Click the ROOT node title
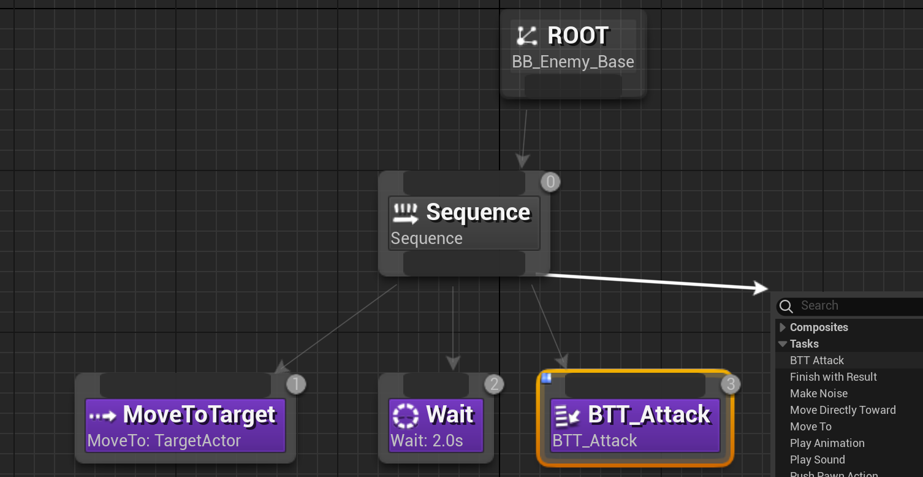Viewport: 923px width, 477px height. tap(577, 36)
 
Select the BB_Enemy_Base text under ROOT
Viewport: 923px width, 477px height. tap(573, 62)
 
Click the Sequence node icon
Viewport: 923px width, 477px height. tap(405, 213)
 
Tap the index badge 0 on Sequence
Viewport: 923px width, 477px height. tap(550, 182)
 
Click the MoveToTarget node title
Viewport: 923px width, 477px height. tap(200, 415)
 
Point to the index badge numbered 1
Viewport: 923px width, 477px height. tap(296, 384)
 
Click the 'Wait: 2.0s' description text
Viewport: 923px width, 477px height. tap(427, 441)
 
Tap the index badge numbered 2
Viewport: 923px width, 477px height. tap(494, 384)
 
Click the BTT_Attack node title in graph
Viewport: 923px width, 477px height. tap(649, 415)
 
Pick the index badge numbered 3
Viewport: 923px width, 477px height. tap(730, 384)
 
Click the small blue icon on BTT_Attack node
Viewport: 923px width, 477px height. tap(547, 378)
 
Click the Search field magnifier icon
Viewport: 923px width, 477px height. tap(786, 306)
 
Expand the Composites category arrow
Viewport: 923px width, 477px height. tap(783, 327)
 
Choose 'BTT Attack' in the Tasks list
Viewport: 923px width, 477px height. tap(817, 361)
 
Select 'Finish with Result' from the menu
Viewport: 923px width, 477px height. tap(834, 377)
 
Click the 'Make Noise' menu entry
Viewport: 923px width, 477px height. tap(819, 394)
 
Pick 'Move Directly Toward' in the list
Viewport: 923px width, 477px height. tap(843, 410)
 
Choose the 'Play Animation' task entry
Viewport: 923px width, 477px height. tap(827, 443)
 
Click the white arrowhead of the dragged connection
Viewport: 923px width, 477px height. tap(762, 288)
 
